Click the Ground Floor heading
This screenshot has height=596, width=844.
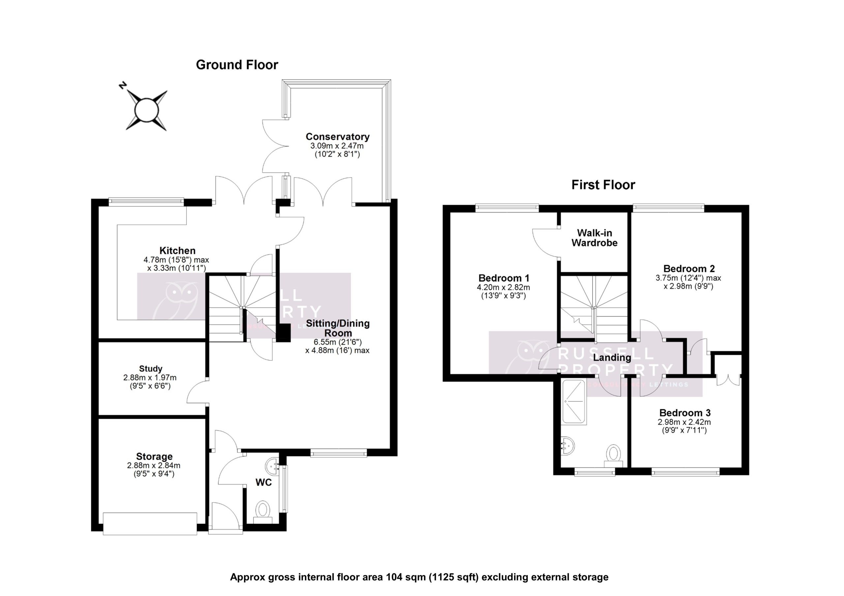(237, 65)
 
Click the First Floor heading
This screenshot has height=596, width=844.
(603, 185)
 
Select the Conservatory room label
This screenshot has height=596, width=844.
(338, 137)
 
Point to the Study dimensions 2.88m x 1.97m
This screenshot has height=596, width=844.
(150, 377)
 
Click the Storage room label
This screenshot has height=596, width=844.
(154, 456)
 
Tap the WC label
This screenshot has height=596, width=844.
(263, 482)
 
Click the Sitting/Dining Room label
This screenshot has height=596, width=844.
(338, 328)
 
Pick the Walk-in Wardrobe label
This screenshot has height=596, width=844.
(594, 238)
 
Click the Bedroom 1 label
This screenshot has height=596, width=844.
(504, 278)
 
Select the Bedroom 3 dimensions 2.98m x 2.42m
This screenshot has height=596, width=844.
(684, 422)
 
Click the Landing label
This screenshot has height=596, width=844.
(612, 357)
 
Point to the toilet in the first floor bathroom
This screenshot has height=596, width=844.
(614, 455)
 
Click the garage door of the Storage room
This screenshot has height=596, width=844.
(150, 524)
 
